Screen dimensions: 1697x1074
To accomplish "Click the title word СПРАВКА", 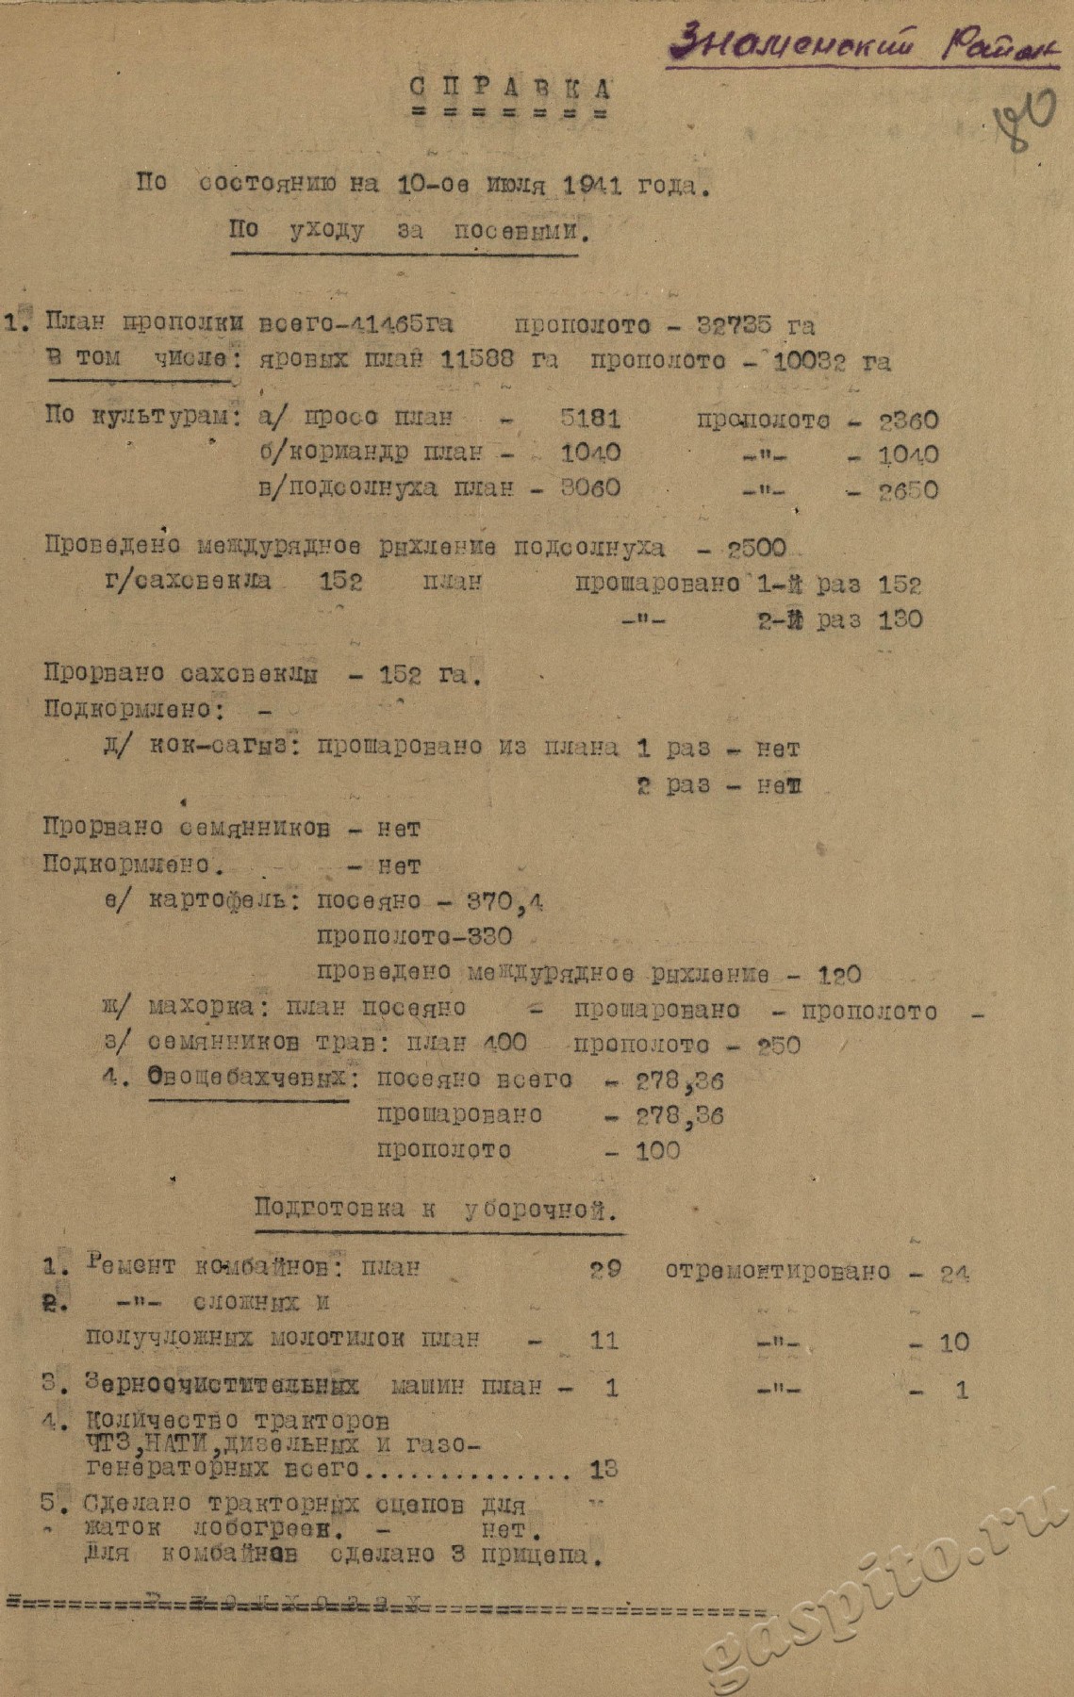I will coord(510,89).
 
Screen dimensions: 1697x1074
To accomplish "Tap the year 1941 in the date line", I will coord(591,185).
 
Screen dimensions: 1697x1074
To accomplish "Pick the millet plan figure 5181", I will coord(590,418).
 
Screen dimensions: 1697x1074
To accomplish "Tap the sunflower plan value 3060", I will coord(590,488).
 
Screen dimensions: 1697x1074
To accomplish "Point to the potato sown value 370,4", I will coord(506,901).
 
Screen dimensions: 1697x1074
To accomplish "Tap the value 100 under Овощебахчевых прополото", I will coord(657,1150).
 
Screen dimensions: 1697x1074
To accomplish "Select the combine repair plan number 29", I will coord(605,1269).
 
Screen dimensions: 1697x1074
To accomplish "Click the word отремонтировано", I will coord(777,1271).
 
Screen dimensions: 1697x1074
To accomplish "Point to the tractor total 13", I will coord(603,1468).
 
